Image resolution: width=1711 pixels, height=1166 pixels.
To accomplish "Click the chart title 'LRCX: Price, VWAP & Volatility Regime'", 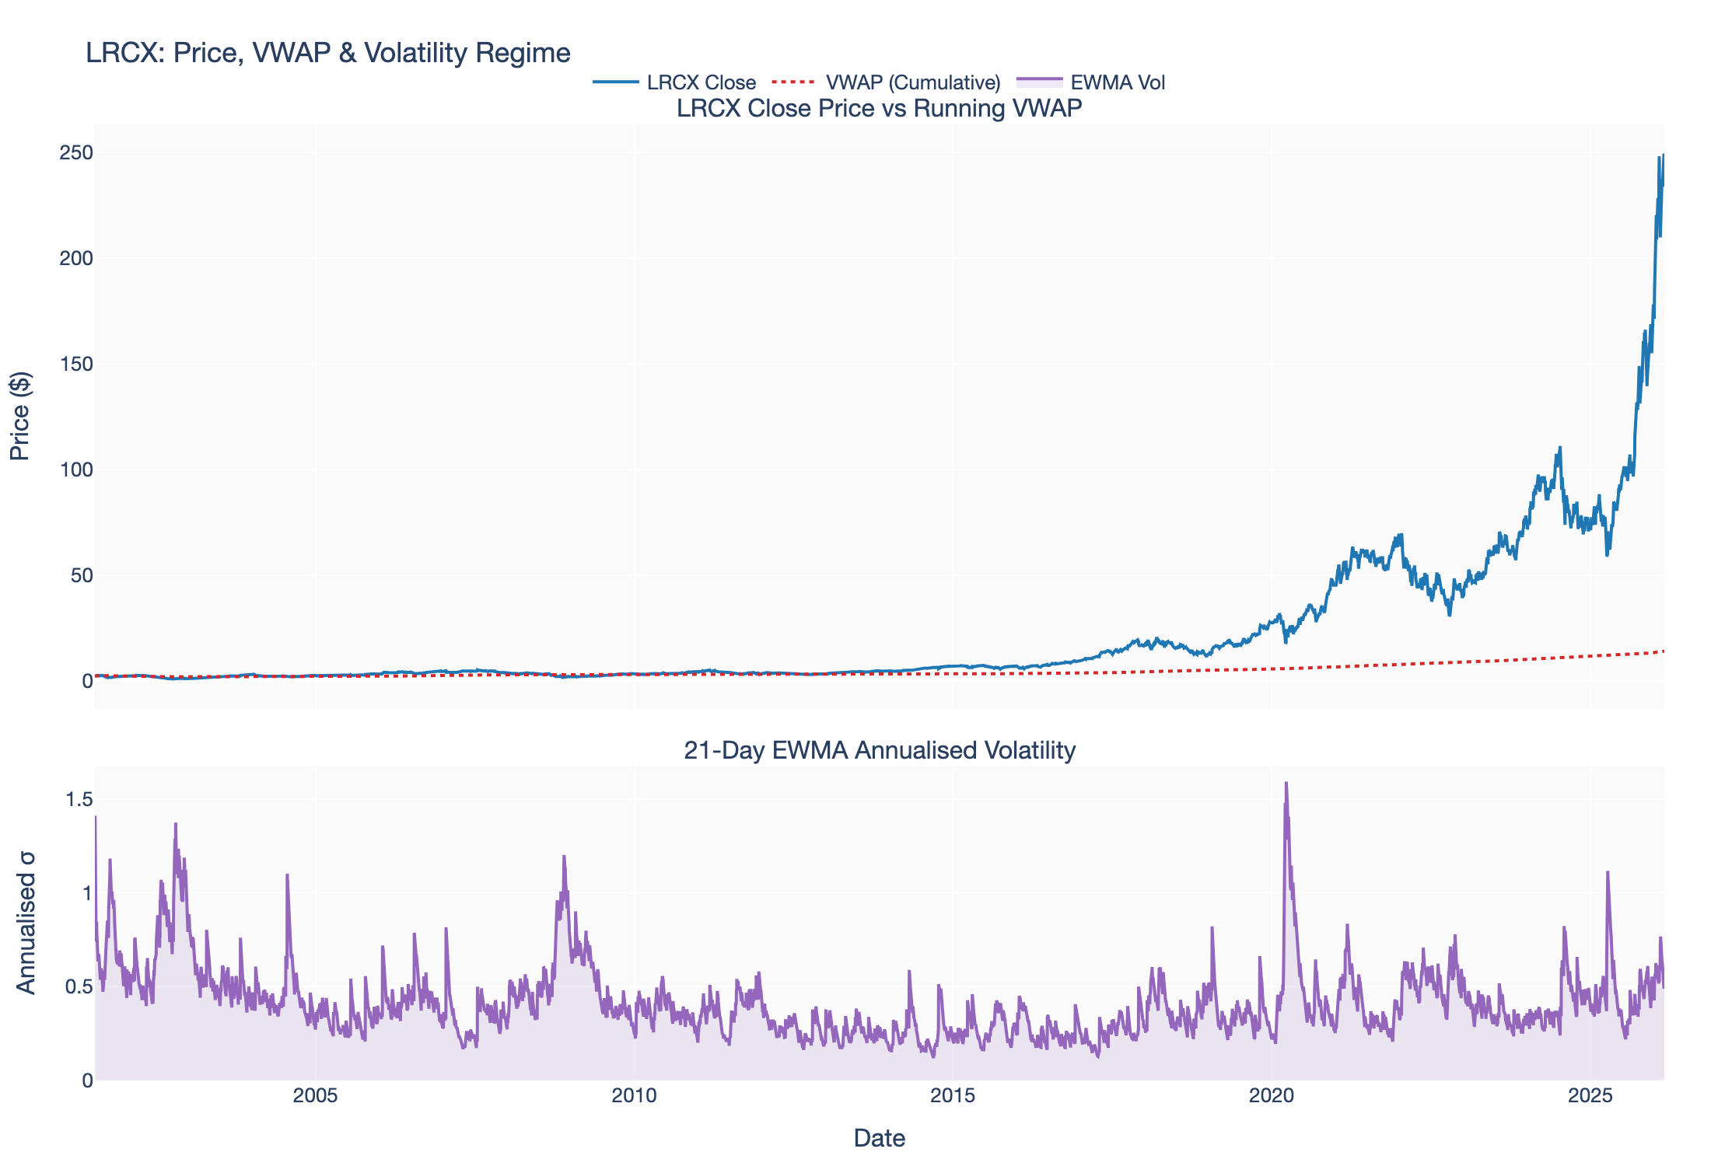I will pyautogui.click(x=327, y=53).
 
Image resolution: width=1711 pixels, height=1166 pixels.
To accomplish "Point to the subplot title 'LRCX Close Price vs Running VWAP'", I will pyautogui.click(x=879, y=108).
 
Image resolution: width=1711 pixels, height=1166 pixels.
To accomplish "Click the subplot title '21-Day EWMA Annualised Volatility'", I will pyautogui.click(x=879, y=750).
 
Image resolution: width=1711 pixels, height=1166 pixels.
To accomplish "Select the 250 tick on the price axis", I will pyautogui.click(x=76, y=152).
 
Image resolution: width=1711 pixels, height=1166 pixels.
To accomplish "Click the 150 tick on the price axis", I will pyautogui.click(x=76, y=364).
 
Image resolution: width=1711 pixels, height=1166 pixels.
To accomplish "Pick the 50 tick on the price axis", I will pyautogui.click(x=81, y=575).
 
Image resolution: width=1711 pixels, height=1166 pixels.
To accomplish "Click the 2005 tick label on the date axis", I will pyautogui.click(x=316, y=1097).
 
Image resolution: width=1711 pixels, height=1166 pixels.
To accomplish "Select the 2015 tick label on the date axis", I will pyautogui.click(x=953, y=1097).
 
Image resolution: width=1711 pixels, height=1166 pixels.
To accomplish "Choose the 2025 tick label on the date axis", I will pyautogui.click(x=1590, y=1097).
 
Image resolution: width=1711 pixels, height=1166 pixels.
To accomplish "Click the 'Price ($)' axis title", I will pyautogui.click(x=20, y=416).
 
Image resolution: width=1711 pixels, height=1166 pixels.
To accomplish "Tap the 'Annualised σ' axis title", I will pyautogui.click(x=26, y=923).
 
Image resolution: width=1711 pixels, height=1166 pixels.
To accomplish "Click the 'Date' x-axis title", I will pyautogui.click(x=879, y=1138).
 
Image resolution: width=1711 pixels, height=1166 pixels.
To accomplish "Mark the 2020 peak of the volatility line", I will pyautogui.click(x=1286, y=783).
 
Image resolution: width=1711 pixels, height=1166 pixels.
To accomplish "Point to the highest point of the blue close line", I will pyautogui.click(x=1663, y=155).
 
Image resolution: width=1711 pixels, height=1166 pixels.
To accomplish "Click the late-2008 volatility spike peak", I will pyautogui.click(x=564, y=856).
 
